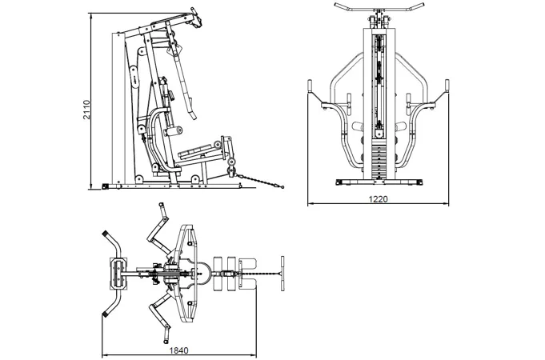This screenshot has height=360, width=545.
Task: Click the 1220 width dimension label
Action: [379, 198]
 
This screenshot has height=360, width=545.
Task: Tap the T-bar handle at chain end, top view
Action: [283, 274]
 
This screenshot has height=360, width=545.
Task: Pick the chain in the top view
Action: [261, 274]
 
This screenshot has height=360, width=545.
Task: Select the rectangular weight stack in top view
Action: [118, 273]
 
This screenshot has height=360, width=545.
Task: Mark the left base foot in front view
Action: [343, 182]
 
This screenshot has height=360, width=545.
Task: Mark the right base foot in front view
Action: [415, 182]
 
